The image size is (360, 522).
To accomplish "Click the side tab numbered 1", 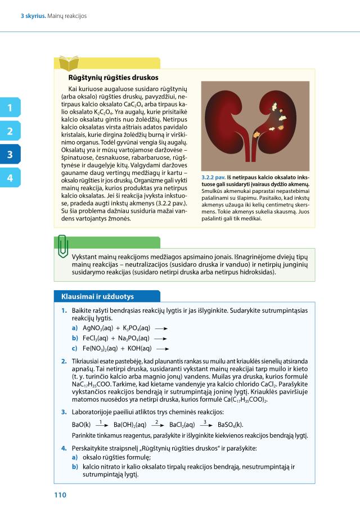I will pyautogui.click(x=10, y=107).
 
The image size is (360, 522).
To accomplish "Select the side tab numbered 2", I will pyautogui.click(x=10, y=131).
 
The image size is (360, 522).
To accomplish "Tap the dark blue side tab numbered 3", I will pyautogui.click(x=10, y=155).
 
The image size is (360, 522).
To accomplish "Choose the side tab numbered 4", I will pyautogui.click(x=10, y=178).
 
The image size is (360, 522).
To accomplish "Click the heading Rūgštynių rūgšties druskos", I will pyautogui.click(x=113, y=78).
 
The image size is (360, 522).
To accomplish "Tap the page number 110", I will pyautogui.click(x=60, y=495).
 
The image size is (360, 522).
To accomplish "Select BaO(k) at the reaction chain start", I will pyautogui.click(x=82, y=425).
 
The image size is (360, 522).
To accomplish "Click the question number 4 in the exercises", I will pyautogui.click(x=64, y=448).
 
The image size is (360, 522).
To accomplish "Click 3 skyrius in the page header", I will pyautogui.click(x=33, y=16).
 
